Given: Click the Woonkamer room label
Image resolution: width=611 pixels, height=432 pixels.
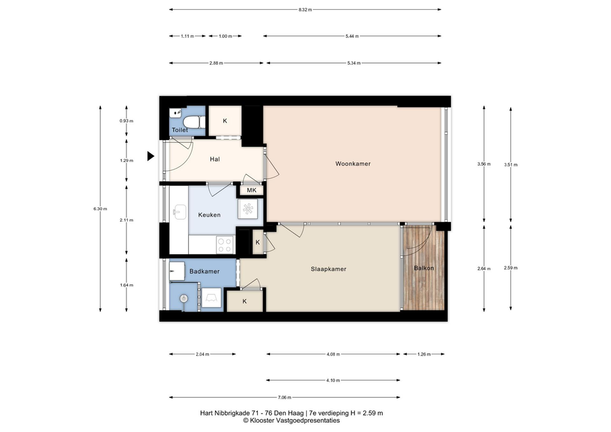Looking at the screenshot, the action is coord(353,164).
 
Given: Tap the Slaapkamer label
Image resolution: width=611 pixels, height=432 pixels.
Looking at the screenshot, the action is coord(329,269).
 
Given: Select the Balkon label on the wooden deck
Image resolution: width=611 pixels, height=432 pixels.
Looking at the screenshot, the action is coord(423,268).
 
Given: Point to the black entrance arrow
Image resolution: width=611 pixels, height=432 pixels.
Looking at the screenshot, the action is coord(150,156).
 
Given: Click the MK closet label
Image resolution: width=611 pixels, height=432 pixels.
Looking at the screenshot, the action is coord(252,190).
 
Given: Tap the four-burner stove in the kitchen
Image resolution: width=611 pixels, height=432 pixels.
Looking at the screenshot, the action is coord(224,245).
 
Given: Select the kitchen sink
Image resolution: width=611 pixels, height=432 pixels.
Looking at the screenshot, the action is coord(180,212).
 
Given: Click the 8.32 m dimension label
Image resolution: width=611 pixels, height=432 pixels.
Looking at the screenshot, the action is coord(305,10).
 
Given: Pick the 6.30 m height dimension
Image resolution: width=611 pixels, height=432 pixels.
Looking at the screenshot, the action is coord(100,209).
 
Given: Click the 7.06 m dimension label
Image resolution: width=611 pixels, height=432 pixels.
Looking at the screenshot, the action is coord(285,397).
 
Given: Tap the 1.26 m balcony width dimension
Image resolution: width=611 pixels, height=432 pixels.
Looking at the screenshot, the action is coord(424,354).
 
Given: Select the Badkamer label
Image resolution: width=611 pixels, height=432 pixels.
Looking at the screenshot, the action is coord(205,271).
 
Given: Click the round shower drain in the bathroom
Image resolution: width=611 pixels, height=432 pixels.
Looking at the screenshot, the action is coord(184,299).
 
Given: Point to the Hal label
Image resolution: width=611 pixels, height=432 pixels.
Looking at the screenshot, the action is coord(214,159).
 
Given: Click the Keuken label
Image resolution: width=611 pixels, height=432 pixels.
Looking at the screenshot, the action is coord(209,214).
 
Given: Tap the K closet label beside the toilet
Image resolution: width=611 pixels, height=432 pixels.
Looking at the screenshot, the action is coord(225,121).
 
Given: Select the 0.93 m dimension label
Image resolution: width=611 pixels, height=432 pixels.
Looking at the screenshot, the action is coord(126,121).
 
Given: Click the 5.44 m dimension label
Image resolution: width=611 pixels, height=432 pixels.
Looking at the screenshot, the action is coord(352,36).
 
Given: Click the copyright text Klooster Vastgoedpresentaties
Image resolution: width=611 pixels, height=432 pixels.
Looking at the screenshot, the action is coord(291,421).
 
